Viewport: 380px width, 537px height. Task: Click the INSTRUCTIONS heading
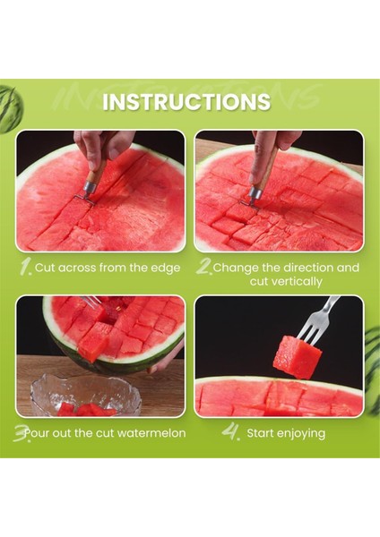click(186, 101)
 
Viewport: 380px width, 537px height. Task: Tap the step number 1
click(26, 268)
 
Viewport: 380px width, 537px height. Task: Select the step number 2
click(204, 268)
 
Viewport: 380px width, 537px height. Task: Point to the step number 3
click(22, 434)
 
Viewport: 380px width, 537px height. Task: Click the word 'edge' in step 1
click(166, 268)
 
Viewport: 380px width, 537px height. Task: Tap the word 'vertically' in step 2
click(286, 282)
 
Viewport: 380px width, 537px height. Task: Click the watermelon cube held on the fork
click(297, 357)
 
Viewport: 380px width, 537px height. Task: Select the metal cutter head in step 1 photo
click(86, 194)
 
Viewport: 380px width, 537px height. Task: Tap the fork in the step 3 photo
click(92, 302)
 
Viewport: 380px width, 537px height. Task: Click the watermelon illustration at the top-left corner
click(10, 109)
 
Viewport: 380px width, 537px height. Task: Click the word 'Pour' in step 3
click(37, 433)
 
